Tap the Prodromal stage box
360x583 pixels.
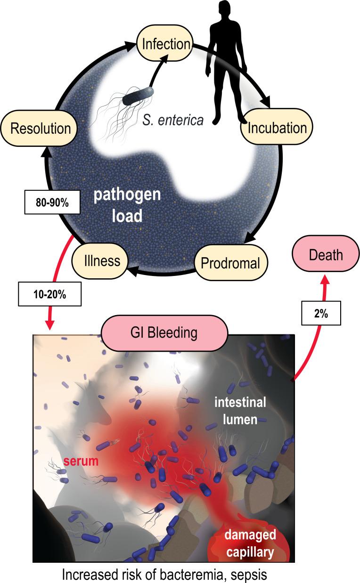[230, 263]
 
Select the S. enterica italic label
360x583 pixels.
[173, 121]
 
